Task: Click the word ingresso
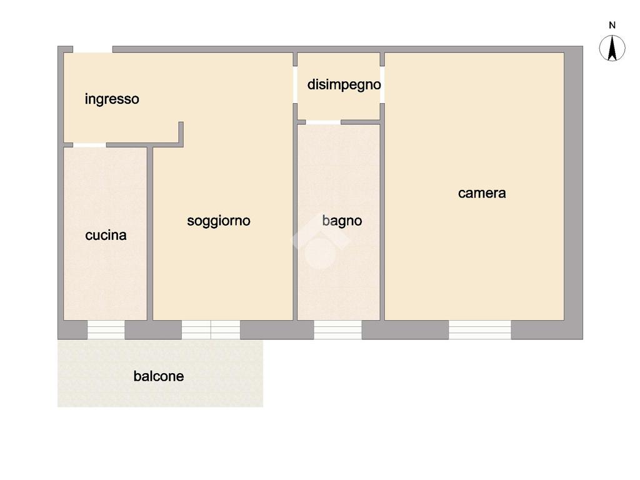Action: pyautogui.click(x=112, y=99)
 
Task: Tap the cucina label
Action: pyautogui.click(x=106, y=235)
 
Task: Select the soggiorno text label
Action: pyautogui.click(x=219, y=221)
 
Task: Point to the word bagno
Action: pyautogui.click(x=342, y=221)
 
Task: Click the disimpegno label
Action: pyautogui.click(x=344, y=84)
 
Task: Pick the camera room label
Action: pyautogui.click(x=482, y=193)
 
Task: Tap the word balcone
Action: pyautogui.click(x=159, y=376)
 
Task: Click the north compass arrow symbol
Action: pyautogui.click(x=612, y=48)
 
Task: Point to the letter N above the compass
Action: pyautogui.click(x=612, y=26)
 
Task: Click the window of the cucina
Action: pyautogui.click(x=106, y=329)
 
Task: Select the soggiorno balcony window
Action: pyautogui.click(x=211, y=329)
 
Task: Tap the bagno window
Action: pyautogui.click(x=337, y=329)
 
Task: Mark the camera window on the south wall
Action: pyautogui.click(x=479, y=329)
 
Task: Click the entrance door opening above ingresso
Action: pyautogui.click(x=92, y=49)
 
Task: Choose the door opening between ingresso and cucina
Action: pyautogui.click(x=89, y=145)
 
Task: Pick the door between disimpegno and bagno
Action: pyautogui.click(x=323, y=122)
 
